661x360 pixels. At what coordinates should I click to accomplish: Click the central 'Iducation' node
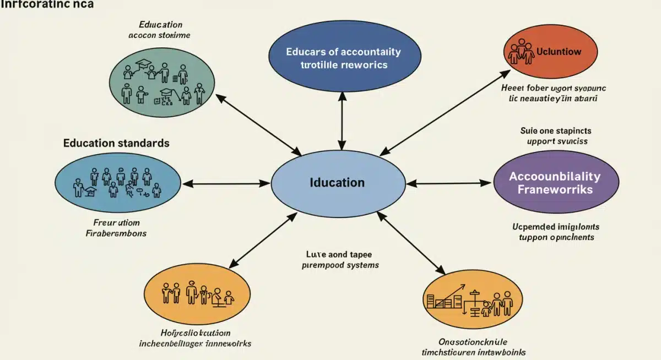[x=337, y=183]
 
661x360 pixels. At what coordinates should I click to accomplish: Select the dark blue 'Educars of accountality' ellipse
[x=344, y=58]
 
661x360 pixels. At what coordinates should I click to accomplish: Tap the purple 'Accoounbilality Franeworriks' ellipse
[x=555, y=183]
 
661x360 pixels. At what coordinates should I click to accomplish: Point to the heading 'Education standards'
[x=116, y=143]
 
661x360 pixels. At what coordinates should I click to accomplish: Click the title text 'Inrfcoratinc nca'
[x=47, y=4]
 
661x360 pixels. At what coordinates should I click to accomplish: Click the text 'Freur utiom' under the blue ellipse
[x=116, y=223]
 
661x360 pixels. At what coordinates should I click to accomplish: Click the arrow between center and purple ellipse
[x=449, y=183]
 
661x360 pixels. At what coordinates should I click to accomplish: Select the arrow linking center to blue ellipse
[x=226, y=183]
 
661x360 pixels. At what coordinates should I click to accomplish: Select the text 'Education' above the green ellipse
[x=161, y=25]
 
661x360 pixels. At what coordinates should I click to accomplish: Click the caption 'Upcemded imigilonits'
[x=556, y=227]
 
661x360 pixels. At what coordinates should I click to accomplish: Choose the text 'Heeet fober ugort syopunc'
[x=553, y=88]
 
